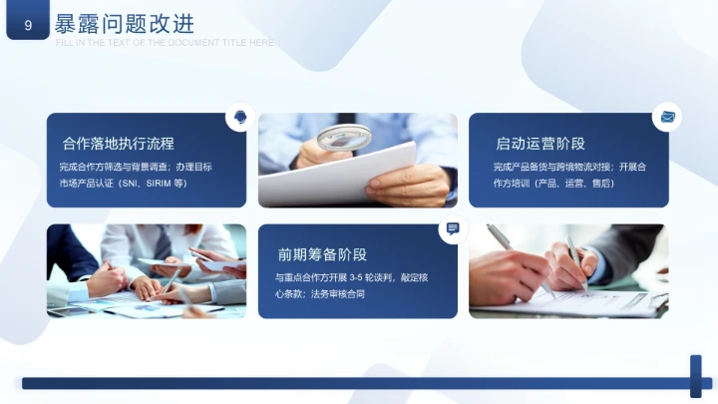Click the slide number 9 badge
[x=27, y=25]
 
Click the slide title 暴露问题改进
[x=125, y=23]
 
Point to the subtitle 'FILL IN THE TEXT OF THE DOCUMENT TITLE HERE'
[x=165, y=43]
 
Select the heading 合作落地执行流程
[x=125, y=144]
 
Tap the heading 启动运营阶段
[x=539, y=144]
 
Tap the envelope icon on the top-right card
[x=667, y=118]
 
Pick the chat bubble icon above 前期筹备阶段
[x=452, y=229]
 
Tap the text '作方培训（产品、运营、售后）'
[x=553, y=184]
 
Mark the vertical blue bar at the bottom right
[x=695, y=376]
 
